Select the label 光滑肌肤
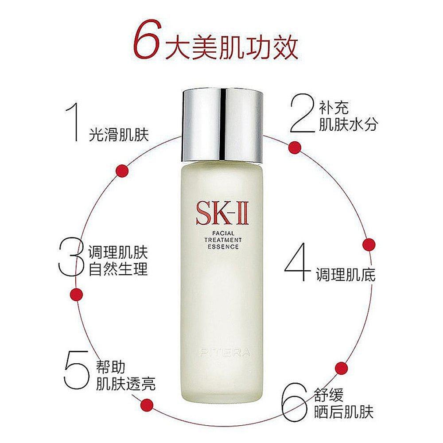(118, 135)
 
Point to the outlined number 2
(302, 114)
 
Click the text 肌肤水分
(348, 124)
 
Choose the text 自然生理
(118, 269)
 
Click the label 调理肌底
(346, 275)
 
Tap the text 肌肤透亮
(126, 382)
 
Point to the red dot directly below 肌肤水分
(294, 147)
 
